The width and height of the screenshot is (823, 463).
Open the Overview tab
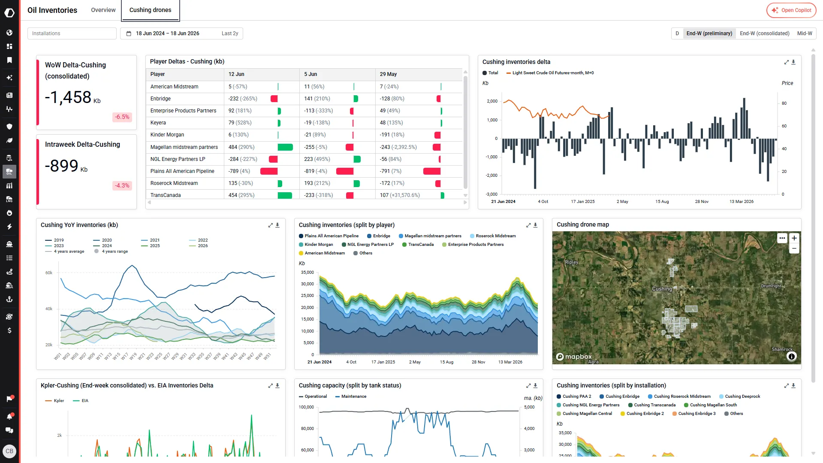[103, 10]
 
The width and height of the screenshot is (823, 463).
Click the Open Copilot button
[791, 10]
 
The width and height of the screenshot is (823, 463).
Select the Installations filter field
[72, 33]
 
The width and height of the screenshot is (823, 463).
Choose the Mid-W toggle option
[804, 33]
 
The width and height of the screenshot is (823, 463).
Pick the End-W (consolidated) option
[764, 33]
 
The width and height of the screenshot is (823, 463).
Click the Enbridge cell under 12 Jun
[243, 99]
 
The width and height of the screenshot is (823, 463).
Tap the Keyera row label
[158, 123]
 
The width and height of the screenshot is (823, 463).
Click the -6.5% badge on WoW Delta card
[122, 117]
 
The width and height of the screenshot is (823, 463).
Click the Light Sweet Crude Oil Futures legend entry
[550, 73]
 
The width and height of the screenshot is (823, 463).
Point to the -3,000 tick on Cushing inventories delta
[491, 194]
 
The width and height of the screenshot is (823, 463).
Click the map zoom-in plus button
[794, 238]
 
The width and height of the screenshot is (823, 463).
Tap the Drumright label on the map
[771, 286]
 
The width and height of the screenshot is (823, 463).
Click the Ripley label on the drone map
[571, 262]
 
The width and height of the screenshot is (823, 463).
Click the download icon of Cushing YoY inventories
[277, 225]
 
